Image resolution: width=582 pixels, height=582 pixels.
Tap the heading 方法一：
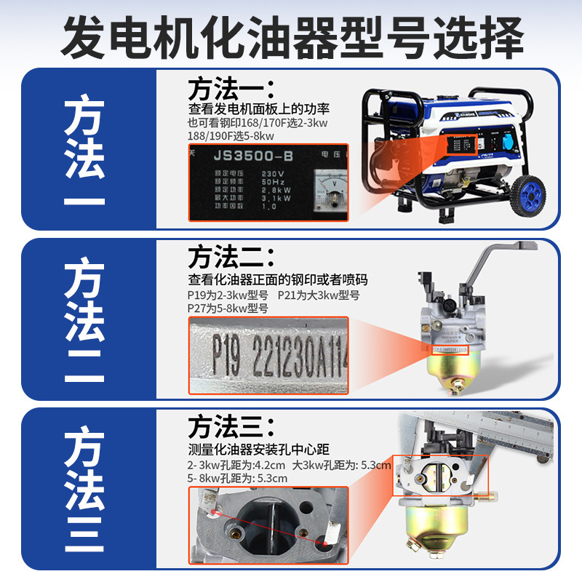231,89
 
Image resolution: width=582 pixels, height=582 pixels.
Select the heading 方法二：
231,256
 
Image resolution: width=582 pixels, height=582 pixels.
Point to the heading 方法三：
231,424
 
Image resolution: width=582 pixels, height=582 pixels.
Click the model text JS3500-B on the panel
244,156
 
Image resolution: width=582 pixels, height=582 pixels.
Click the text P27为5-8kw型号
228,308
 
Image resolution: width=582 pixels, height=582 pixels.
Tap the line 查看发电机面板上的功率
259,109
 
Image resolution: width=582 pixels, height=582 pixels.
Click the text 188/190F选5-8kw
231,136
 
